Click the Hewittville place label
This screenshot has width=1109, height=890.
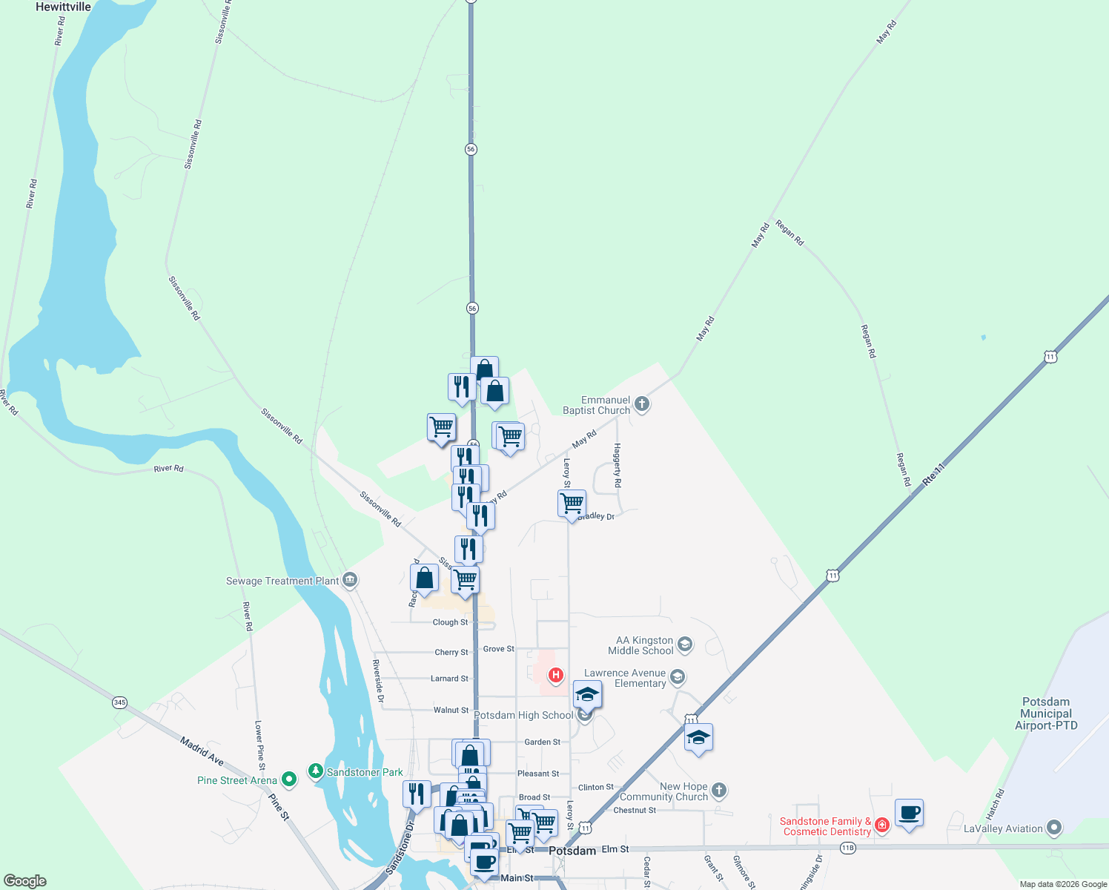click(x=63, y=7)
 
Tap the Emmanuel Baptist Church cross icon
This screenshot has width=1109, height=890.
click(x=642, y=404)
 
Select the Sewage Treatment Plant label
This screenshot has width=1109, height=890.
click(x=282, y=581)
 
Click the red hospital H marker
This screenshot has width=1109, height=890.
click(x=555, y=675)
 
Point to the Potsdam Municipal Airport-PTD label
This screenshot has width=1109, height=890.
click(x=1046, y=713)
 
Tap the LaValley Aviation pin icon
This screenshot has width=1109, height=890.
click(x=1054, y=828)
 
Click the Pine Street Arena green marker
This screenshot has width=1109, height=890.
click(x=289, y=779)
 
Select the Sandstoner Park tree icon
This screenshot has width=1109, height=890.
click(x=316, y=772)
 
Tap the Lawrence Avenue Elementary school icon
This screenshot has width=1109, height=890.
click(x=677, y=676)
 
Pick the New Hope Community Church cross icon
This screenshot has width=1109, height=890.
click(x=719, y=791)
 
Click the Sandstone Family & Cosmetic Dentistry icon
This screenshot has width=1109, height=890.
click(x=881, y=825)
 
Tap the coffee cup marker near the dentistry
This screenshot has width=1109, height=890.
click(x=909, y=813)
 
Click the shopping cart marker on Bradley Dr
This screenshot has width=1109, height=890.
click(x=572, y=504)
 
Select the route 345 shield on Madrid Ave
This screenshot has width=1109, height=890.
click(x=120, y=702)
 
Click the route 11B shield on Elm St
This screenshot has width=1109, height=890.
click(x=848, y=848)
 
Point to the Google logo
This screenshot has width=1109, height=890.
click(x=25, y=881)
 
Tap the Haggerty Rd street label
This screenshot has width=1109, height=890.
click(x=618, y=465)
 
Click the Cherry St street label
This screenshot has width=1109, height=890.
click(x=451, y=653)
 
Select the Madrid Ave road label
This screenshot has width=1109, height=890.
click(x=202, y=751)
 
